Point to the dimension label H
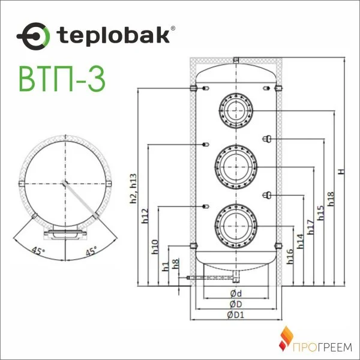point(341,172)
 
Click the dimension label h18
point(331,200)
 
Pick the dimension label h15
point(320,212)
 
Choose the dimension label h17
point(310,226)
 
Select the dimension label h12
point(145,216)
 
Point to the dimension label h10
point(155,247)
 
